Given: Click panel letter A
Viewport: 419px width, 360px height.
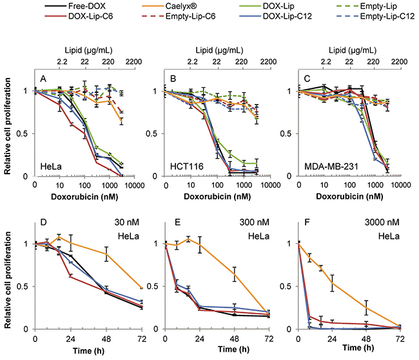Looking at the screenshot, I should click(x=44, y=81).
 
